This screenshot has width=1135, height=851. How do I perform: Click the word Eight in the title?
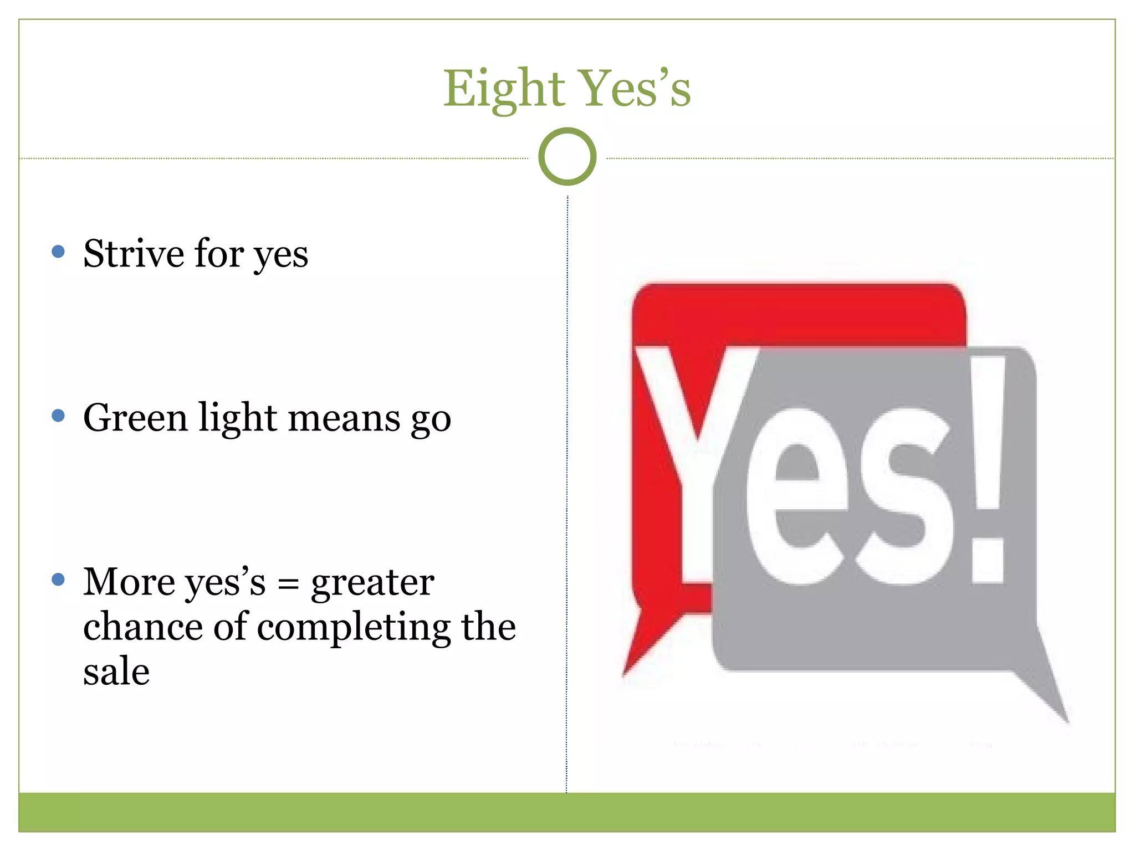click(503, 89)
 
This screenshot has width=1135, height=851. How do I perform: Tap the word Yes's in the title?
click(636, 89)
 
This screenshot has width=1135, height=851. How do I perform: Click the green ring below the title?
click(567, 157)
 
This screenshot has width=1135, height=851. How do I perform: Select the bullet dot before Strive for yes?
click(58, 252)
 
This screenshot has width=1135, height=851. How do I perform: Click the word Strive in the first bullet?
click(134, 254)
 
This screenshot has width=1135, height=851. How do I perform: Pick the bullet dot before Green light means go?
click(58, 416)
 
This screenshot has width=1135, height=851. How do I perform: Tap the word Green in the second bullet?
click(135, 418)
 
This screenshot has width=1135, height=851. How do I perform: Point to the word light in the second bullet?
click(238, 419)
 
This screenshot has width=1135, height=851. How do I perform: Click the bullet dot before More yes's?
click(58, 580)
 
